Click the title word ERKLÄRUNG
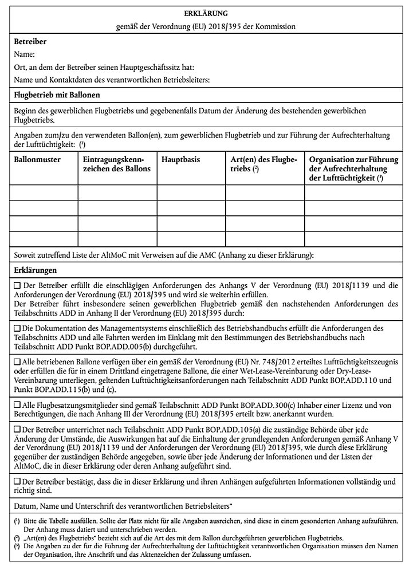[208, 13]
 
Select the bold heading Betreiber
[30, 42]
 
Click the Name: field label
[25, 54]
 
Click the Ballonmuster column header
[37, 160]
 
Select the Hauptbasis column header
[181, 160]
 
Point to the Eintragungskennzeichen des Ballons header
[117, 164]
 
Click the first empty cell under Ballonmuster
[44, 192]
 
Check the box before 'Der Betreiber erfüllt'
[17, 285]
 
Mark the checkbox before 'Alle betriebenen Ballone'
[17, 362]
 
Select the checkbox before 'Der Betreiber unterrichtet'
[17, 429]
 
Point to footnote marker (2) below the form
[17, 538]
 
